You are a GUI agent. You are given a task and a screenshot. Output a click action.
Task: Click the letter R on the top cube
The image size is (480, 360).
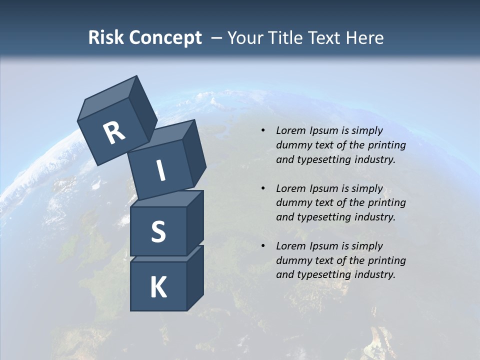pos(114,133)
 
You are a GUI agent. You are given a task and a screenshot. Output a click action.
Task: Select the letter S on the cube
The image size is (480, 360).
pos(158,231)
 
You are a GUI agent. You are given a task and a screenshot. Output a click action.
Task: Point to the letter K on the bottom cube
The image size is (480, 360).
pos(158,287)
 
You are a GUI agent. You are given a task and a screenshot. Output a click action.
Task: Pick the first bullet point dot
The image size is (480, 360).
pos(263,131)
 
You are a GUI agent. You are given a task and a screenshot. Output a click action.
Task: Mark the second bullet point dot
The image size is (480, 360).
pos(263,188)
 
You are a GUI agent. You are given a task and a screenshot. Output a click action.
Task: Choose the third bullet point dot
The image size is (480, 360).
pos(263,246)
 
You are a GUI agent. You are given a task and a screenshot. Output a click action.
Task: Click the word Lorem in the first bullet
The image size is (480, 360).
pos(289,130)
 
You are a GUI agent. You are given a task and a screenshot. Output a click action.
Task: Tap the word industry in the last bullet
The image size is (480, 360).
pos(374,274)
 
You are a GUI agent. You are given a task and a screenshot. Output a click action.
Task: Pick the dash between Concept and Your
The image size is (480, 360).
pos(216,37)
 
